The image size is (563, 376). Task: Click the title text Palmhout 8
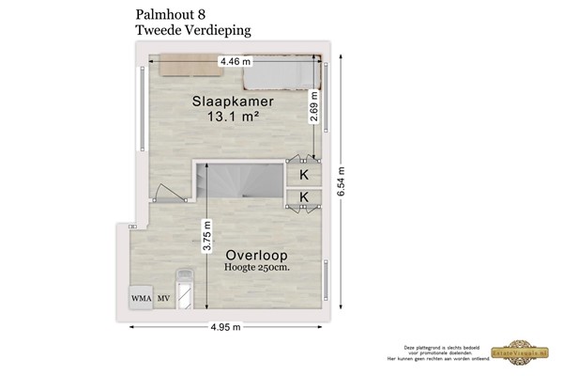pos(172,14)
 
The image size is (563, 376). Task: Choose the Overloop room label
pos(255,255)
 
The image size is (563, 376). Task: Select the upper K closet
pos(304,175)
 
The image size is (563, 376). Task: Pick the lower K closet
pos(304,196)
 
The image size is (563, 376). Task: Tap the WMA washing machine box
pos(142,299)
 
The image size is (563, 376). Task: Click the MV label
pos(163,299)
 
